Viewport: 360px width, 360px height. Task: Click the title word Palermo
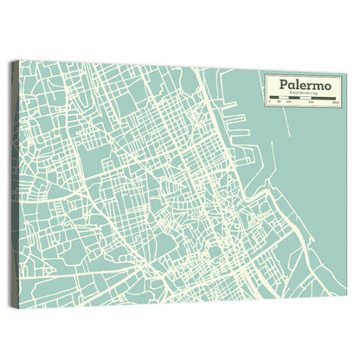tap(302, 84)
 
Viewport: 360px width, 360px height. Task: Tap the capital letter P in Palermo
tap(281, 84)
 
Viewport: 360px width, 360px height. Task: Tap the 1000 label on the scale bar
tap(334, 104)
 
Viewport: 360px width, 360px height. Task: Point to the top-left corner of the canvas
tap(19, 61)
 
